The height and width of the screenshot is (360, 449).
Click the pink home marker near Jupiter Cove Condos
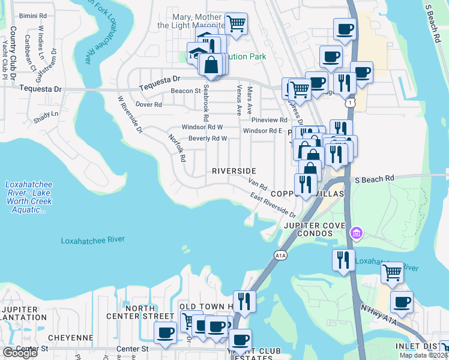[357, 232]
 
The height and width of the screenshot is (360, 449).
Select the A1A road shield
[280, 256]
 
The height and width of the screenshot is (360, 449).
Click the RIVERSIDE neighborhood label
[234, 171]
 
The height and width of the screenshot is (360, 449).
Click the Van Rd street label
[258, 185]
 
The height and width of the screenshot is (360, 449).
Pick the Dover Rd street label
[149, 104]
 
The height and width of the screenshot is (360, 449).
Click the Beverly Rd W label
[207, 139]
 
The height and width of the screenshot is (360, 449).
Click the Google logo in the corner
[20, 353]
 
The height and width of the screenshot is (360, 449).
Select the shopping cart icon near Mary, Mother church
[236, 24]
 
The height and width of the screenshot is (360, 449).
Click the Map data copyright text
[423, 355]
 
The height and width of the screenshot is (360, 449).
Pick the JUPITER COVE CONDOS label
[315, 226]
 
